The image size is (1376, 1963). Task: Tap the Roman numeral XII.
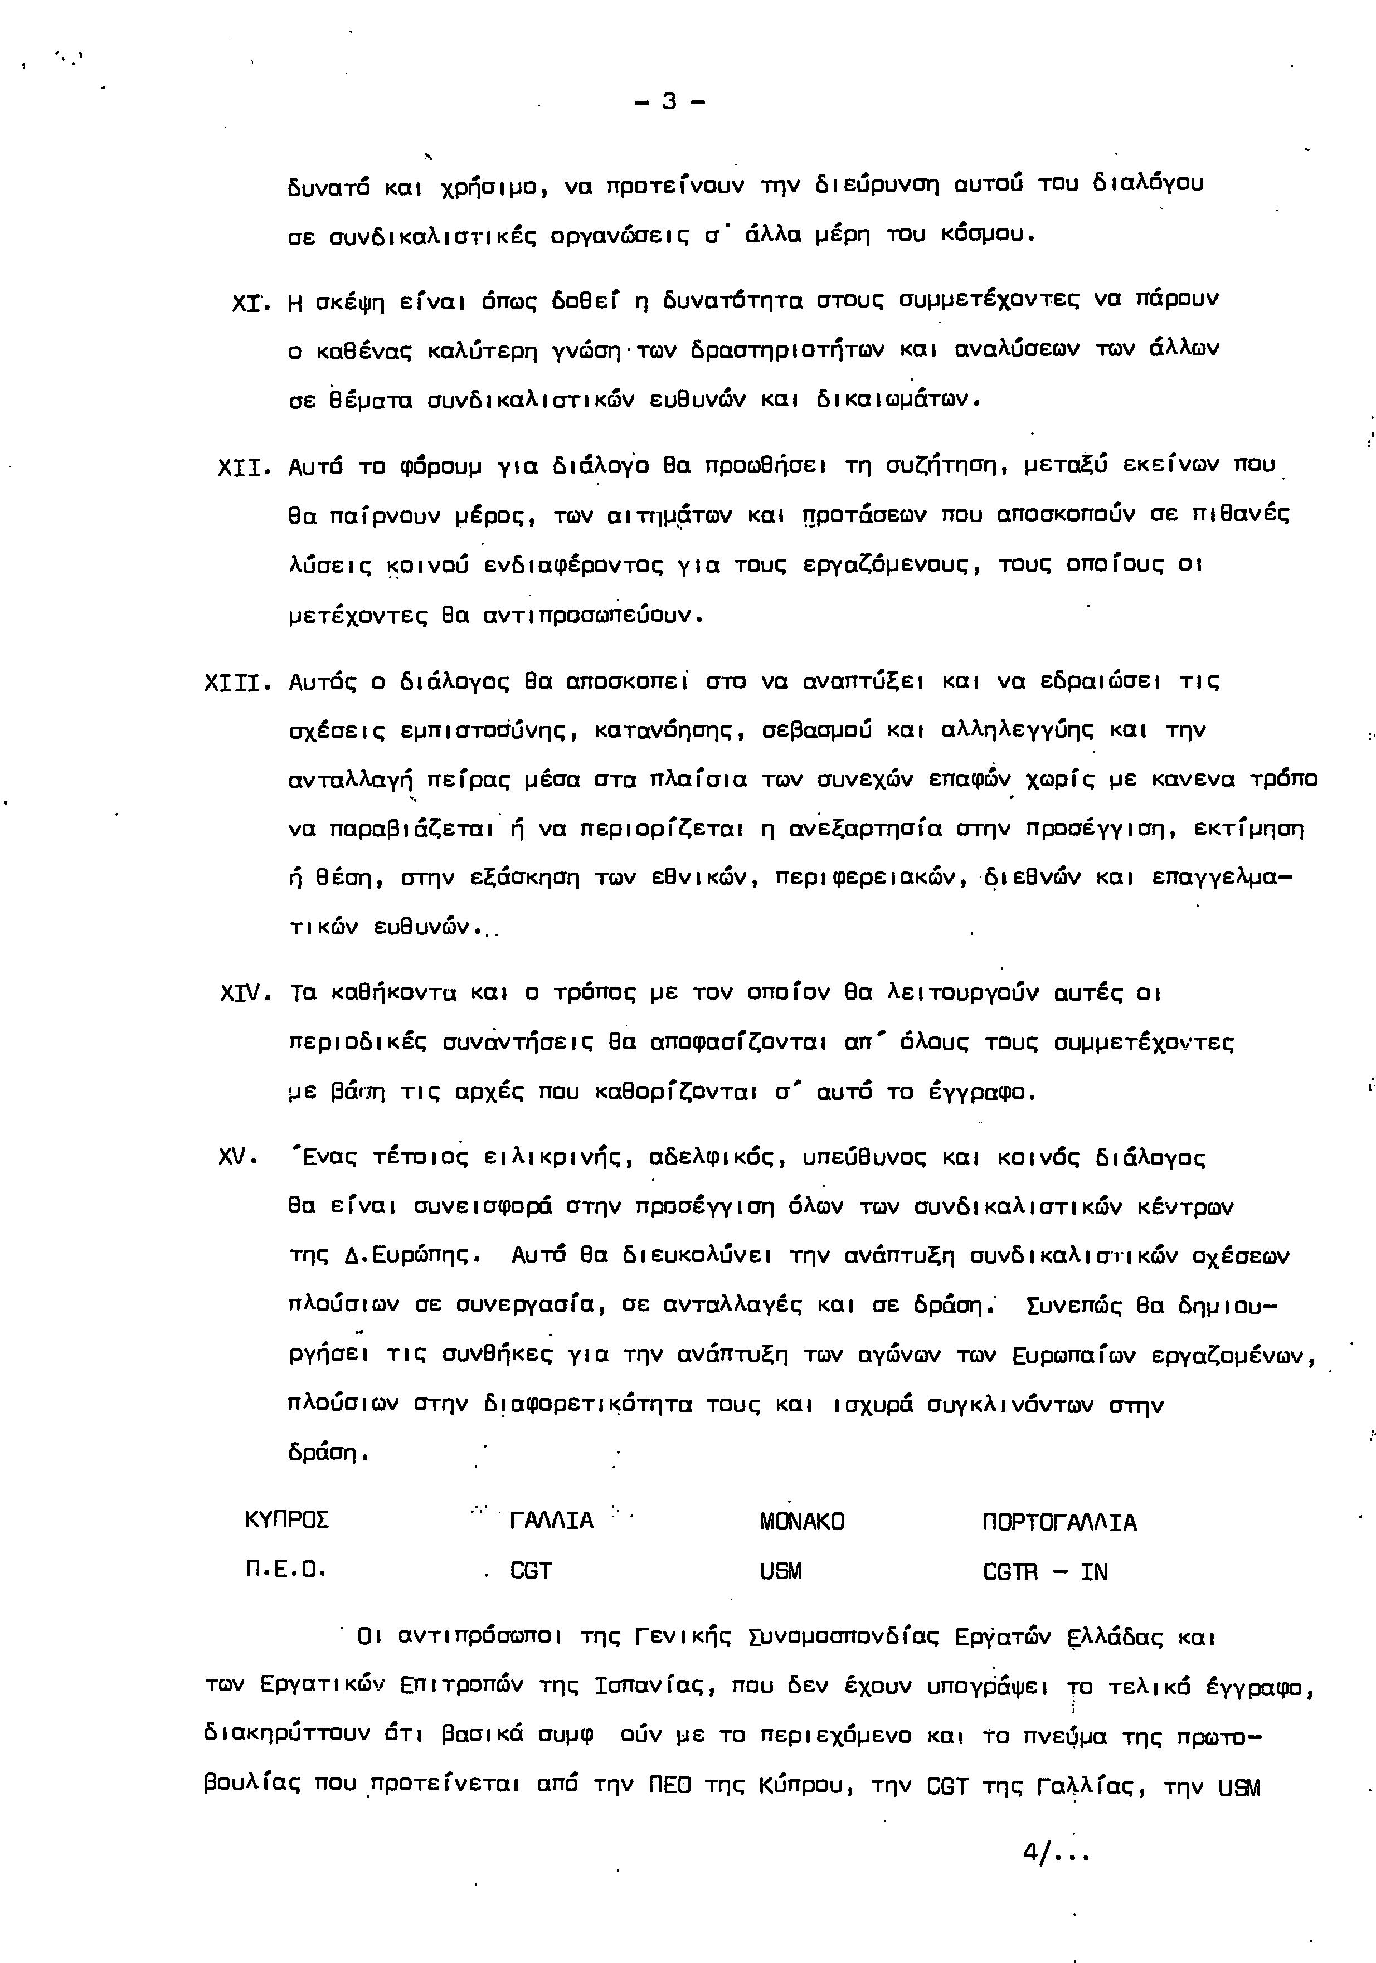243,467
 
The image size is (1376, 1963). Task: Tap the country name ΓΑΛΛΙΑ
551,1522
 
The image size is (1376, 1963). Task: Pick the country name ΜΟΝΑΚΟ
801,1522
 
